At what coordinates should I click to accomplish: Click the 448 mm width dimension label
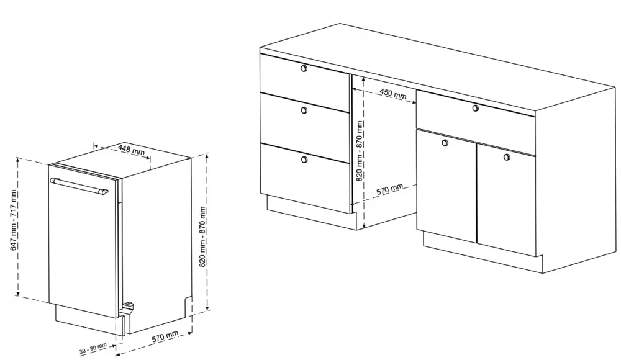[132, 150]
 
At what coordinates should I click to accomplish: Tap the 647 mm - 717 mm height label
[14, 220]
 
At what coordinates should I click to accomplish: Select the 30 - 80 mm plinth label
[93, 349]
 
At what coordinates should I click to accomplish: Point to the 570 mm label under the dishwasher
[165, 336]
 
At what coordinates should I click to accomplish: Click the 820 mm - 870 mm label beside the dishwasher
[202, 236]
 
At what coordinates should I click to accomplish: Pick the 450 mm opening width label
[393, 94]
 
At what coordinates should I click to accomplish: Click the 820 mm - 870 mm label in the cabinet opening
[359, 151]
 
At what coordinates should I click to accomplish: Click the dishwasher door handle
[79, 186]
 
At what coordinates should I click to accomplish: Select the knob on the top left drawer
[304, 68]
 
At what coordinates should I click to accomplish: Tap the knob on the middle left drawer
[304, 110]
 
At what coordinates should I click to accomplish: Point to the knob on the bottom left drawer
[304, 160]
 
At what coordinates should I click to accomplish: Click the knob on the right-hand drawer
[476, 108]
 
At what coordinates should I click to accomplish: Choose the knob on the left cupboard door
[445, 143]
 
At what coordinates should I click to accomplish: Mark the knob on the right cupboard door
[507, 157]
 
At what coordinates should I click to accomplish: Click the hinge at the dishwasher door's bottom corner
[129, 307]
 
